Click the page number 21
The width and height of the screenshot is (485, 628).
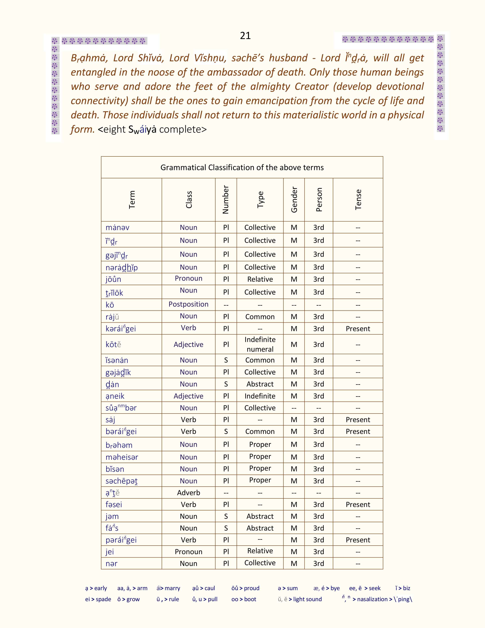(x=245, y=36)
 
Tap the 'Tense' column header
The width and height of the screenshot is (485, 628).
(x=358, y=200)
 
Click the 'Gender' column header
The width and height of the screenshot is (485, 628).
(x=294, y=200)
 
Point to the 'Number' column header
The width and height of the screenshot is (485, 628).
(x=226, y=200)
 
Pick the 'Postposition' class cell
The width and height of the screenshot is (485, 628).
(x=188, y=304)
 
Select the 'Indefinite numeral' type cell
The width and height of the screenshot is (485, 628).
(x=260, y=344)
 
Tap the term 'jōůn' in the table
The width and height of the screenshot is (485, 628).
(x=113, y=279)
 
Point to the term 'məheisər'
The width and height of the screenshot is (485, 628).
(x=122, y=457)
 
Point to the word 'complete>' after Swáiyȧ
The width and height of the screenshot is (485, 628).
(x=183, y=129)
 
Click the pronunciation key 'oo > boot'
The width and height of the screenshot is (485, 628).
(x=244, y=599)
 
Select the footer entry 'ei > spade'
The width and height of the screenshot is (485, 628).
(x=98, y=599)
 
